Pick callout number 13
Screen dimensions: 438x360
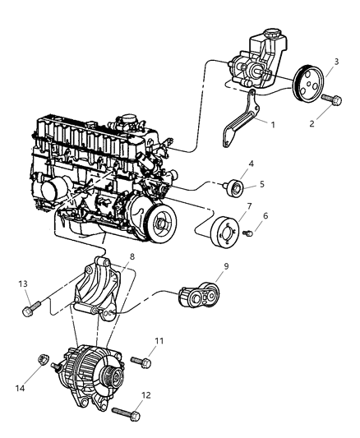point(23,284)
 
